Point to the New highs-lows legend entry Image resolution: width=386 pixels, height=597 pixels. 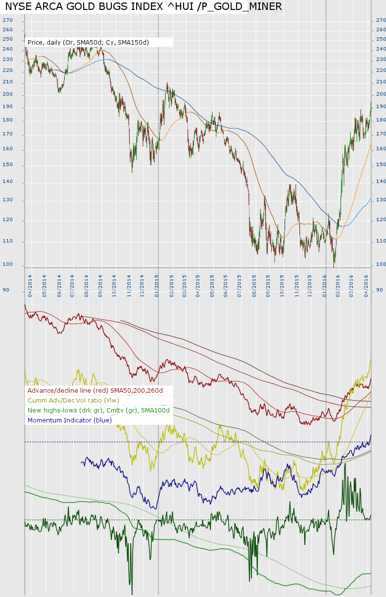point(98,410)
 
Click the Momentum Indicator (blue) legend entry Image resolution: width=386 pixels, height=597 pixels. point(70,420)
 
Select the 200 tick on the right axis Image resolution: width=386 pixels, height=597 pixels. point(381,94)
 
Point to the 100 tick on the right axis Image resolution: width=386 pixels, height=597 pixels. point(381,264)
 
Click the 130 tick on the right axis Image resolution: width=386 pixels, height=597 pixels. point(381,201)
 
